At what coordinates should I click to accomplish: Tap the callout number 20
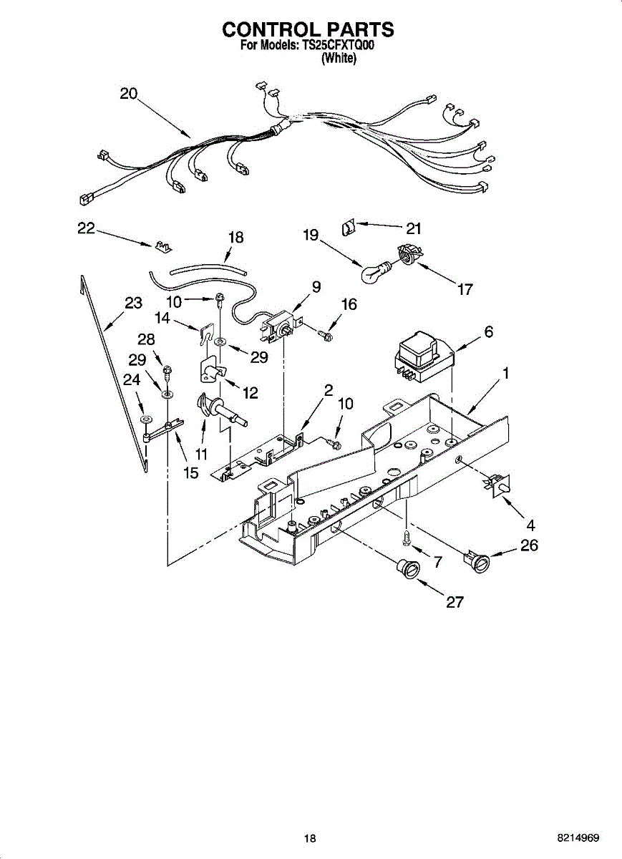[128, 93]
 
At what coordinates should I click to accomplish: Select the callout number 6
[489, 331]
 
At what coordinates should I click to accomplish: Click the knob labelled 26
[477, 563]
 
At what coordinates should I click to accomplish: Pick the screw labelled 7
[406, 536]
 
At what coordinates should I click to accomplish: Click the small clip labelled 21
[348, 228]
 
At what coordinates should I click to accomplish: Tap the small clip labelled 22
[164, 246]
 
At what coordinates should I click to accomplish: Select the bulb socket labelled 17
[409, 254]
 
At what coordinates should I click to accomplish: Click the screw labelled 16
[325, 335]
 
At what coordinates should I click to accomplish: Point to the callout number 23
[133, 303]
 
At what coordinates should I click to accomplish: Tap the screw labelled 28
[167, 373]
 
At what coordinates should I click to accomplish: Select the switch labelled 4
[497, 486]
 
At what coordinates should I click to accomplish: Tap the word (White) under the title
[339, 58]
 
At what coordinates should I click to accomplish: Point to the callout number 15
[190, 473]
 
